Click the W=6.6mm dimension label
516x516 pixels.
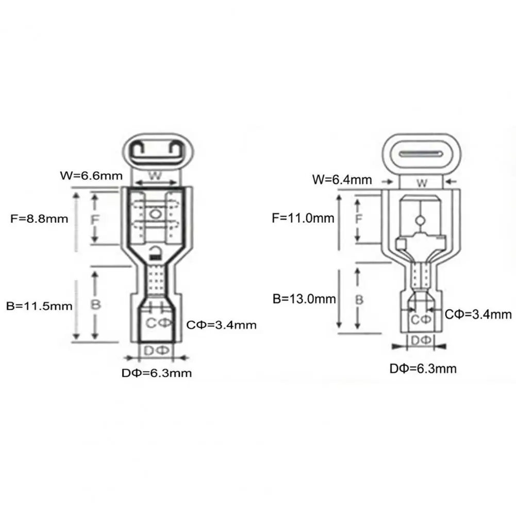coord(91,175)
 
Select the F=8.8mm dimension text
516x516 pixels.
coord(39,219)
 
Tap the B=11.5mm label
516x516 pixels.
coord(39,306)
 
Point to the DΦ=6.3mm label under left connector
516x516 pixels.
coord(157,373)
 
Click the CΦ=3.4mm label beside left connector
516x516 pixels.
coord(221,325)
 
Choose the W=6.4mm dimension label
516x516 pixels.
coord(342,180)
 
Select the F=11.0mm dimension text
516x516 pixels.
coord(303,218)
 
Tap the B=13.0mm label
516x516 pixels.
coord(305,299)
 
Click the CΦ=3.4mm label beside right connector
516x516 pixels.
coord(478,314)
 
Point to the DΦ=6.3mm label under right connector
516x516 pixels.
coord(423,369)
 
